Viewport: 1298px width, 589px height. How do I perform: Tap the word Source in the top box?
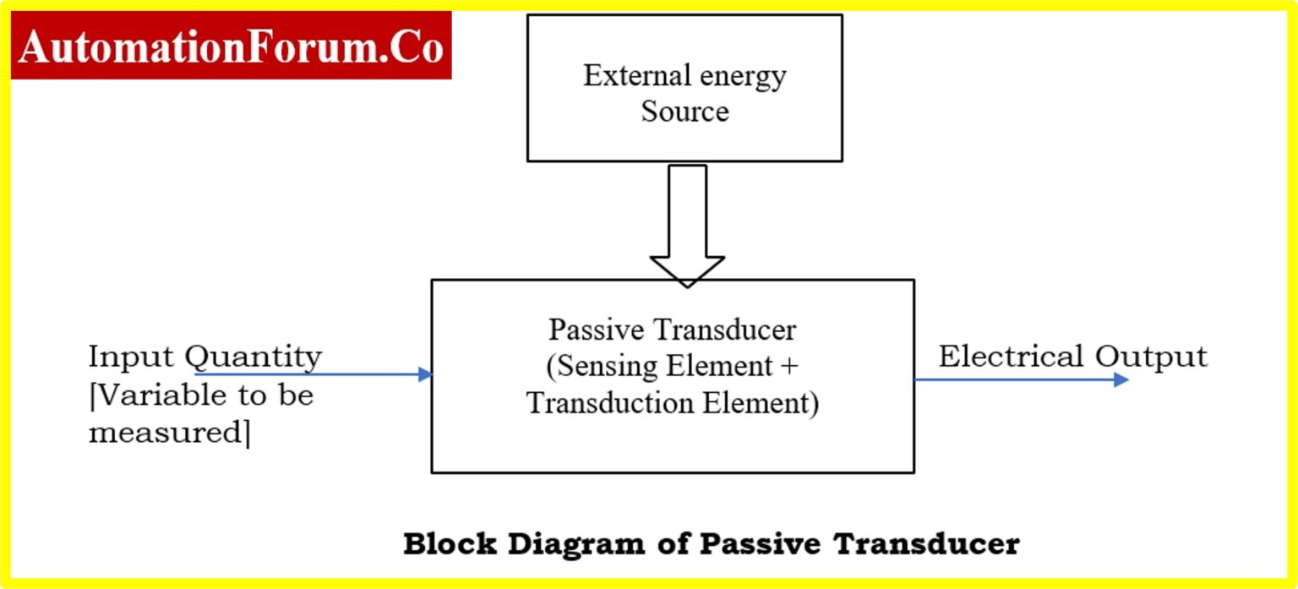(x=684, y=112)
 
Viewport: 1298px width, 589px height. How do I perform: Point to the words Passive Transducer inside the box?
(x=672, y=329)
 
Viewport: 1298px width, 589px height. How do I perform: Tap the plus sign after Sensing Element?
(x=789, y=367)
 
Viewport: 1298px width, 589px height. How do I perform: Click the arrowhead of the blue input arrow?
(x=426, y=374)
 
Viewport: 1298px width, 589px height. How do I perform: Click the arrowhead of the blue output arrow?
(x=1121, y=380)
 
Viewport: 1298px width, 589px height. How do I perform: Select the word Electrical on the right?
(x=1012, y=357)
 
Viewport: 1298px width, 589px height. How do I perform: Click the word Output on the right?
(x=1152, y=357)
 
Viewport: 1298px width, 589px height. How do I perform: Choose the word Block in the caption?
(x=450, y=543)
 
